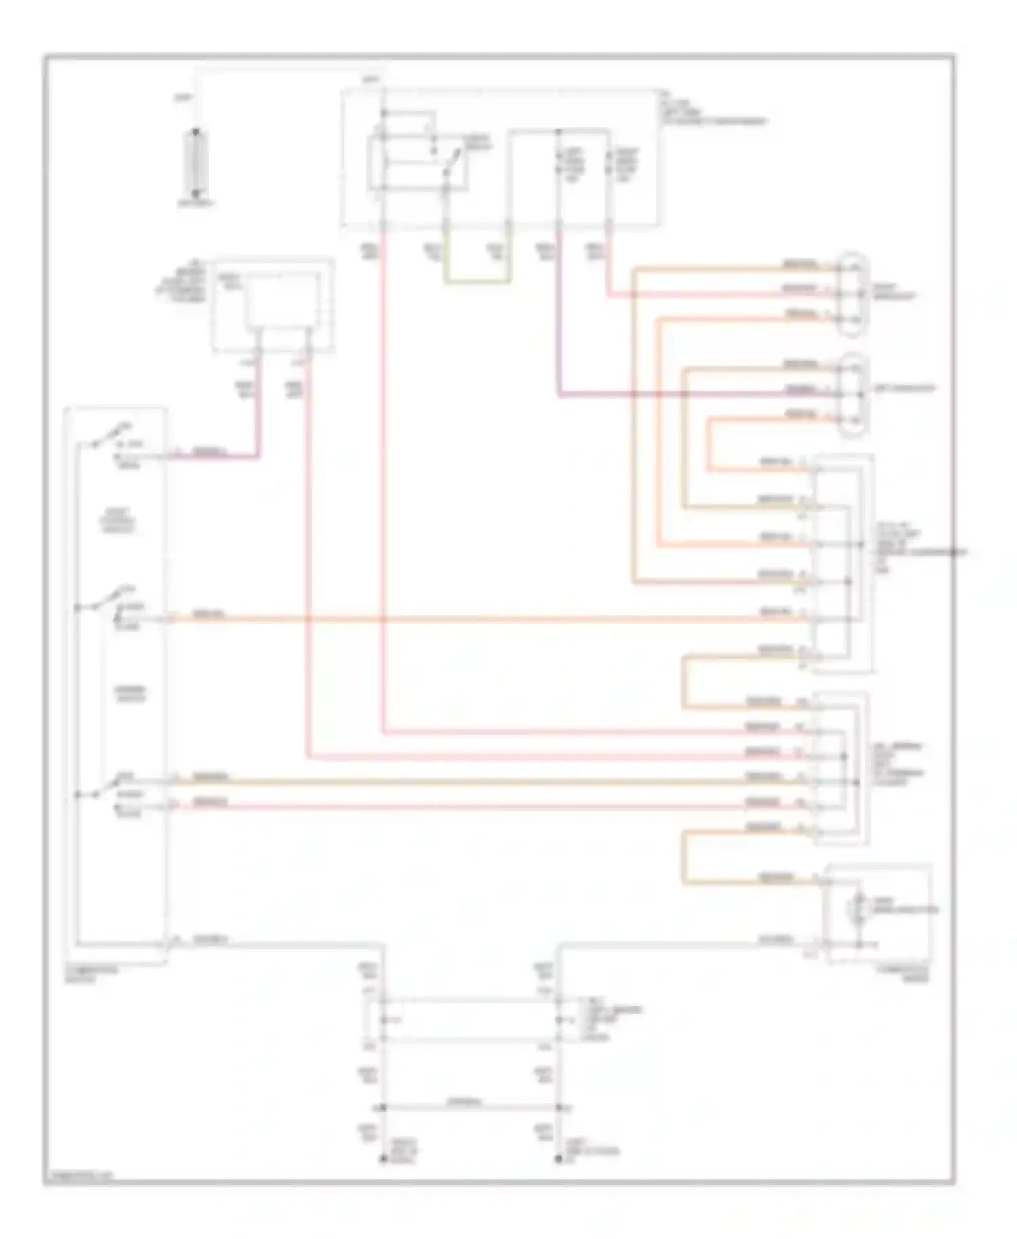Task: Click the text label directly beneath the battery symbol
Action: (196, 203)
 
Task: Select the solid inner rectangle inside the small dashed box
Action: (281, 300)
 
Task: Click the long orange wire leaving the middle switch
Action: (475, 619)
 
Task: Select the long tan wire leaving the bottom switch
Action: (475, 781)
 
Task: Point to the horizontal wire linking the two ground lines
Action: (471, 1108)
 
